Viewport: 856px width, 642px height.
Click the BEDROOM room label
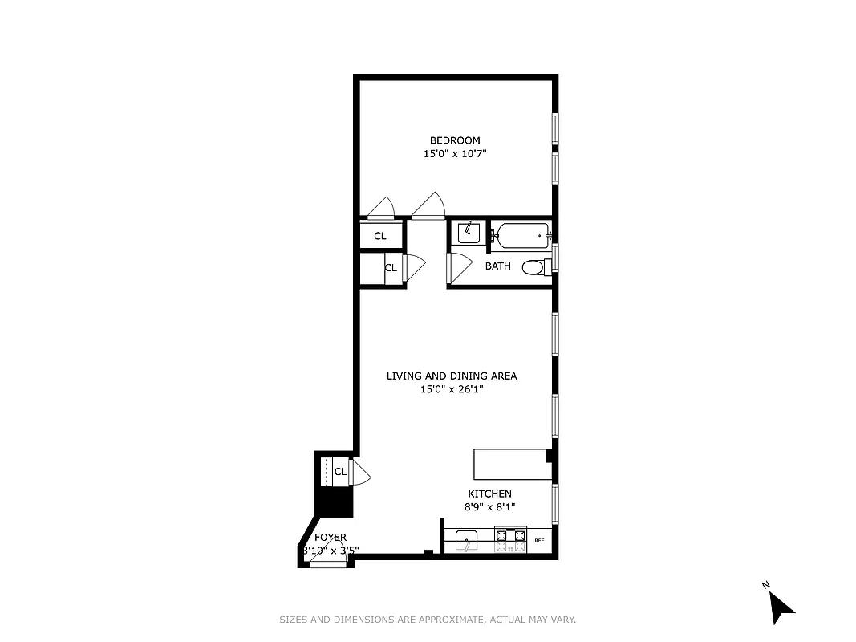point(454,140)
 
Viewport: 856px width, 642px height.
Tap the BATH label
point(497,266)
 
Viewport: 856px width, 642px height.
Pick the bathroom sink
point(469,233)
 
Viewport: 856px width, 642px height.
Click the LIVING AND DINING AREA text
point(452,376)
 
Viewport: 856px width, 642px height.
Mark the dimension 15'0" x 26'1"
point(452,389)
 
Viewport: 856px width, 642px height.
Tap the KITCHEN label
point(489,494)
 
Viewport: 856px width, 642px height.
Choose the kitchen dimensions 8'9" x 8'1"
point(489,506)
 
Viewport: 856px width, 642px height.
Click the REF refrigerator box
point(539,541)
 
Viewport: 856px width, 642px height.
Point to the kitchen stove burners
point(510,540)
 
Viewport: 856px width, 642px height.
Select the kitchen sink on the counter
point(466,538)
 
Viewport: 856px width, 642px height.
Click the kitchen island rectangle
point(510,465)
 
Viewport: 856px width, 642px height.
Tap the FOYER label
point(331,537)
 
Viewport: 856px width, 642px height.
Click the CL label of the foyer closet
point(340,472)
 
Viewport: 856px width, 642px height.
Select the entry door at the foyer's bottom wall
point(327,564)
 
